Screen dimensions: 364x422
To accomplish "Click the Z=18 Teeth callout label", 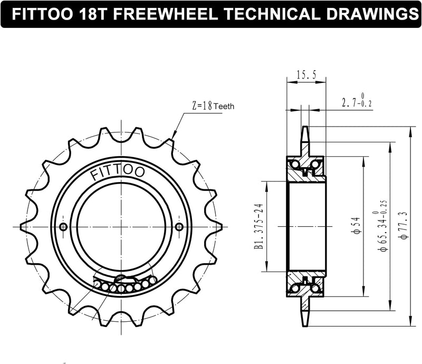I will pos(212,106).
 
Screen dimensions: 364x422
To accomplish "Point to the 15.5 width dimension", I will pos(306,75).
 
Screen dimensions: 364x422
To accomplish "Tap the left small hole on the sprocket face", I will pos(64,227).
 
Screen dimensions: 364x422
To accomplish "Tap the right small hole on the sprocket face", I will pos(179,227).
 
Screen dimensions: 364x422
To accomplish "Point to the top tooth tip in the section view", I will pos(306,130).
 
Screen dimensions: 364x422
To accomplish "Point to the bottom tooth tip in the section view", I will pos(306,322).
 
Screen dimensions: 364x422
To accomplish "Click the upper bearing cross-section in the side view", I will pos(306,166).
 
